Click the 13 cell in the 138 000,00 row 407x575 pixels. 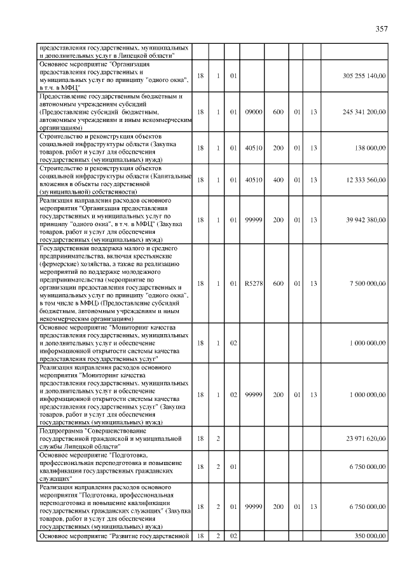314,148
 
